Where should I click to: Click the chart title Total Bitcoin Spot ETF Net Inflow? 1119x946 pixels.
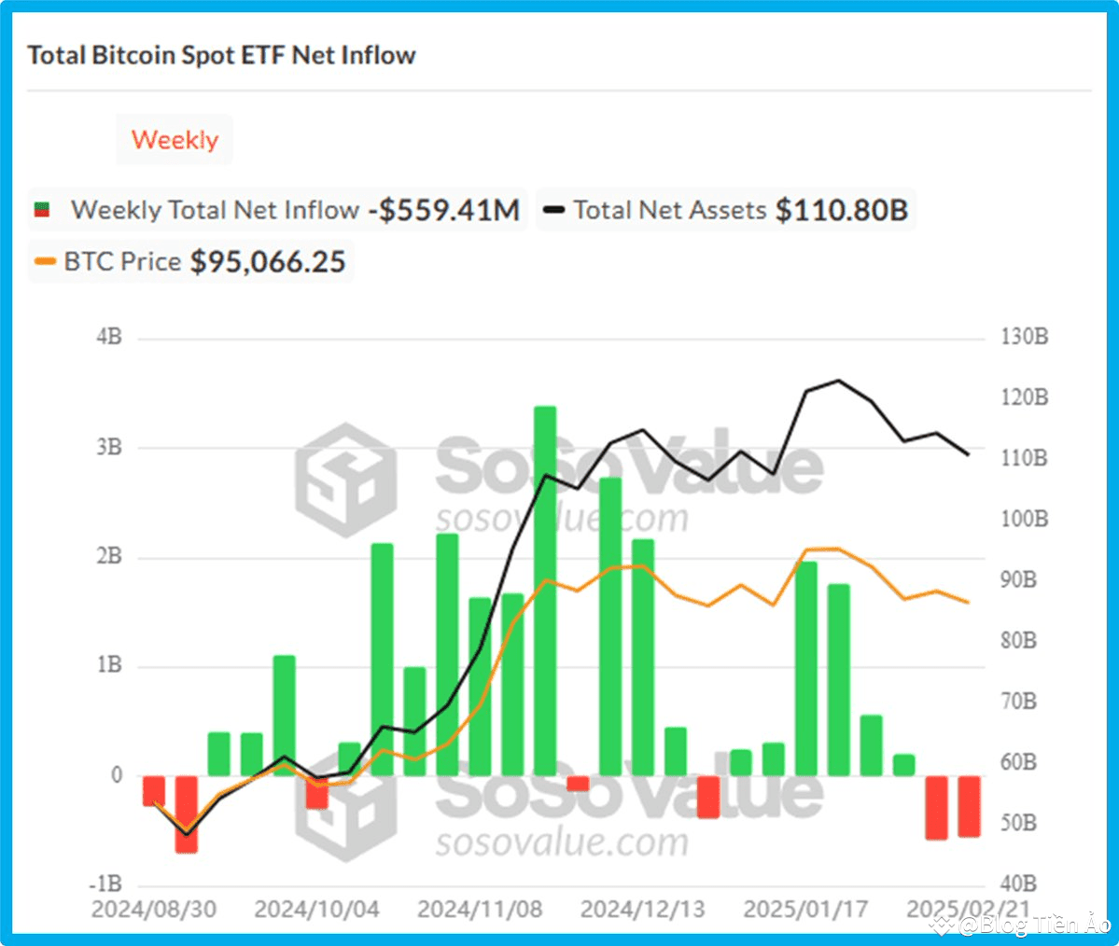point(221,55)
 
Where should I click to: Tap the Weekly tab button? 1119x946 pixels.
point(175,140)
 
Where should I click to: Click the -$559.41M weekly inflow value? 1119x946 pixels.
point(443,209)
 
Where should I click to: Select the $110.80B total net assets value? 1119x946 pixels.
point(842,209)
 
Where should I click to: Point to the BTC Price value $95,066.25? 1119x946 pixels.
point(268,261)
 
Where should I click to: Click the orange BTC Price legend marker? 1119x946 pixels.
point(45,261)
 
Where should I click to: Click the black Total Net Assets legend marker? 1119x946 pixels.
point(553,209)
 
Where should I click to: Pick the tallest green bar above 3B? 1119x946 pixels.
point(545,588)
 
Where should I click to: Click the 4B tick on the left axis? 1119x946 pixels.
point(109,337)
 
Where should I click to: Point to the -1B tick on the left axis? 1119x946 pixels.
point(105,883)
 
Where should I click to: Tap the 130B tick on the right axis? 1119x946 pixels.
point(1025,337)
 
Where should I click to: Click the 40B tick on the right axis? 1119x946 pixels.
point(1018,883)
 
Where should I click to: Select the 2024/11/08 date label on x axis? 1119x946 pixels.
point(480,909)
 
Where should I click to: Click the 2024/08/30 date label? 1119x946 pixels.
point(154,909)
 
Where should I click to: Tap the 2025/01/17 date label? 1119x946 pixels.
point(805,909)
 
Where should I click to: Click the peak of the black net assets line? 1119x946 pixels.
point(838,381)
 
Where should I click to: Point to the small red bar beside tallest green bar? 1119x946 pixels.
point(578,783)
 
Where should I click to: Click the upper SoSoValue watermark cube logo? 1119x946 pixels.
point(346,480)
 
